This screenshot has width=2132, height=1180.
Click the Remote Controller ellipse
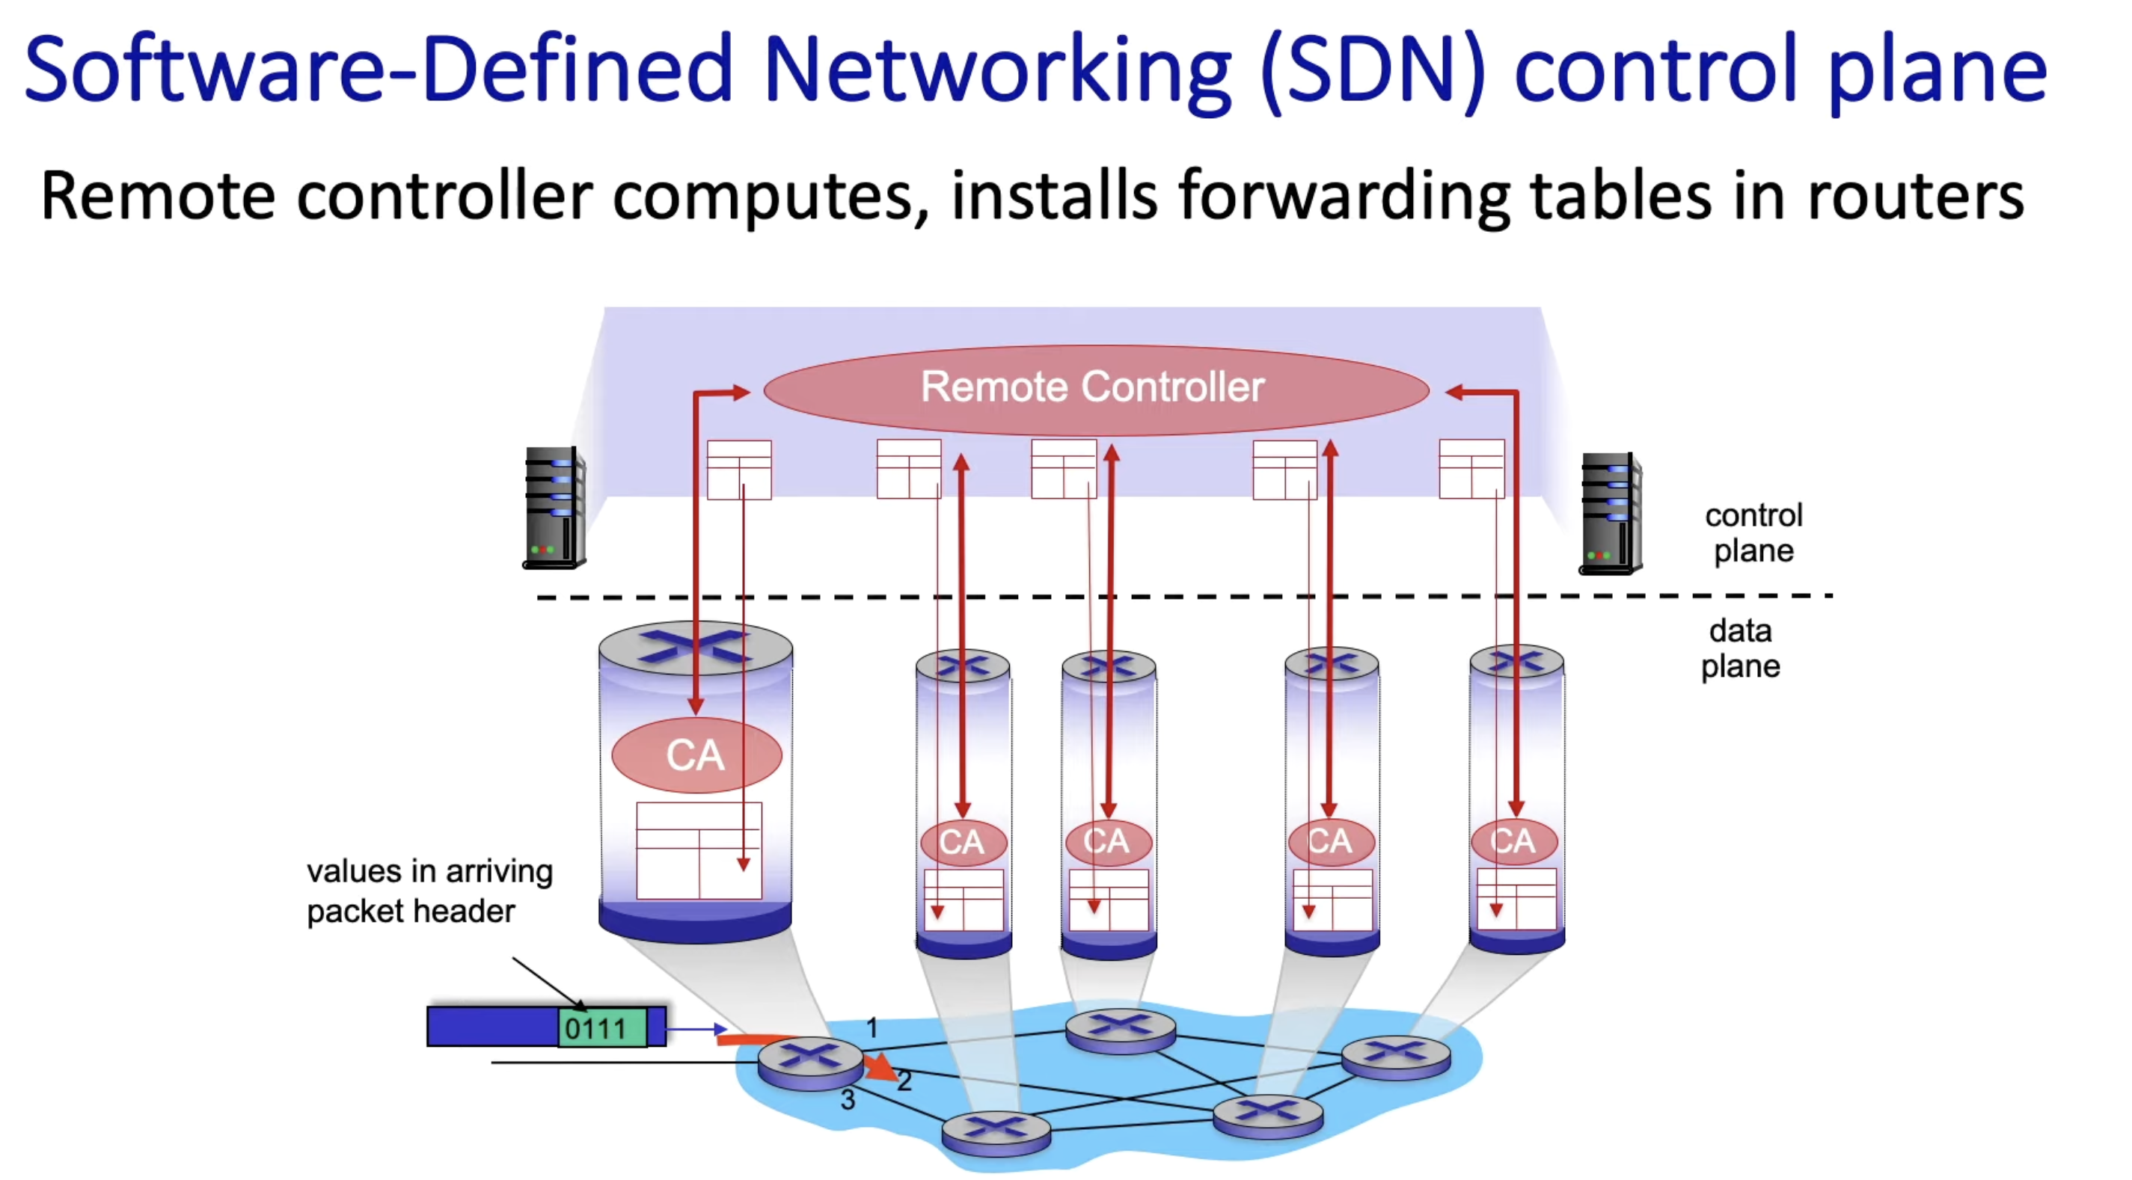(1094, 388)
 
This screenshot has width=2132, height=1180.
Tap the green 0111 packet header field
(601, 1027)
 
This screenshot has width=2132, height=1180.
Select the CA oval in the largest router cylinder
(695, 755)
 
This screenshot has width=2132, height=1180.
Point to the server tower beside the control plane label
(1610, 512)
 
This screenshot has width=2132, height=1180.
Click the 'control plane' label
(1753, 533)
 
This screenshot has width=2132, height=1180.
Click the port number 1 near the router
(872, 1027)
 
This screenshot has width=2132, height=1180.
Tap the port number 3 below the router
(848, 1100)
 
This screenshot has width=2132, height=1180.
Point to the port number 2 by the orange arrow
(904, 1081)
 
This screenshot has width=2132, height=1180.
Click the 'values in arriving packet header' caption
(429, 891)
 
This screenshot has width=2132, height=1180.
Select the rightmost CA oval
(1514, 841)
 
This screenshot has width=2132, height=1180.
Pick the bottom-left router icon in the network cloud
(996, 1131)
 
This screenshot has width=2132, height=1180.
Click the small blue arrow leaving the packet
(695, 1030)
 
